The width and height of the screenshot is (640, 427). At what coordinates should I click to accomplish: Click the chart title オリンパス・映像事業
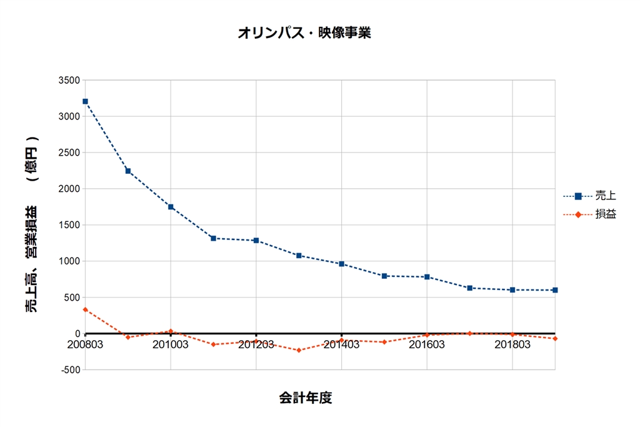pyautogui.click(x=304, y=33)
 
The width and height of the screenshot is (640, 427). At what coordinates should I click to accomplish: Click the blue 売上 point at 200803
pyautogui.click(x=85, y=101)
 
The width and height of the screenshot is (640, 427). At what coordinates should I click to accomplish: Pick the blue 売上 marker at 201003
pyautogui.click(x=171, y=207)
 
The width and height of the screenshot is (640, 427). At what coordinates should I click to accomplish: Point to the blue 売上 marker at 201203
pyautogui.click(x=256, y=241)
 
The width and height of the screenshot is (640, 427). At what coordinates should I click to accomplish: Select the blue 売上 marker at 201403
pyautogui.click(x=342, y=264)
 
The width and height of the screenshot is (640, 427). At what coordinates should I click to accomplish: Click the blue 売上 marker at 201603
pyautogui.click(x=427, y=277)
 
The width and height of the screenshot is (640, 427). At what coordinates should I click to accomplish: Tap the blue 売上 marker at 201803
pyautogui.click(x=512, y=290)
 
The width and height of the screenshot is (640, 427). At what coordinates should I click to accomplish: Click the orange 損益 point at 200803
pyautogui.click(x=85, y=309)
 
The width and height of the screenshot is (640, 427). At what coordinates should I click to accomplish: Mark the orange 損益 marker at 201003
pyautogui.click(x=171, y=331)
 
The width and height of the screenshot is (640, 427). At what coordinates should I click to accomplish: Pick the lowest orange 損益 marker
pyautogui.click(x=299, y=350)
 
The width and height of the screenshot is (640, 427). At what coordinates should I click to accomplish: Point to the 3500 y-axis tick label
pyautogui.click(x=69, y=80)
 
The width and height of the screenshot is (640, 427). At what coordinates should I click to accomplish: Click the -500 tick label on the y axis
pyautogui.click(x=69, y=369)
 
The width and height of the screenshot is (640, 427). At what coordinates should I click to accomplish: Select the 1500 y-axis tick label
pyautogui.click(x=69, y=225)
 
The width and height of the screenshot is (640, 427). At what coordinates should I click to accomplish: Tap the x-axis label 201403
pyautogui.click(x=342, y=344)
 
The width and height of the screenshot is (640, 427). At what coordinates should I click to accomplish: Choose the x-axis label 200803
pyautogui.click(x=85, y=344)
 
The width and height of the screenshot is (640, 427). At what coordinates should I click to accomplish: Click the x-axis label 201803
pyautogui.click(x=512, y=344)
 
